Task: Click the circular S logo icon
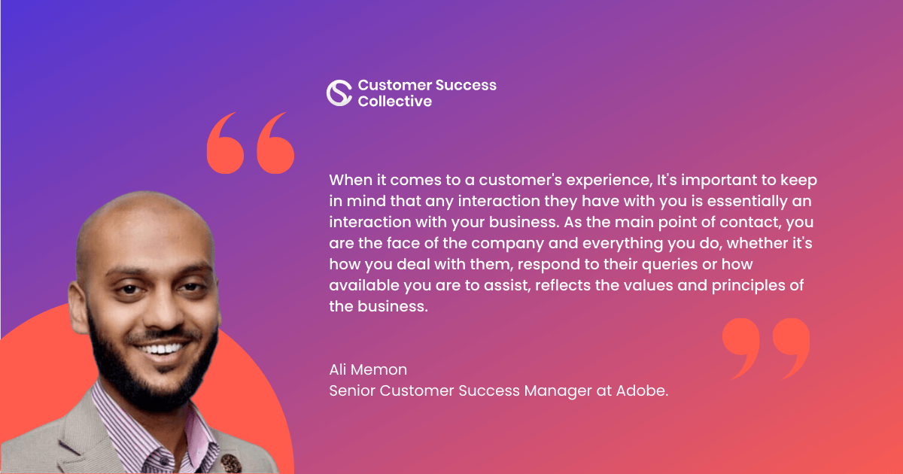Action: (x=339, y=93)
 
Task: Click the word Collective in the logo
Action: (x=394, y=101)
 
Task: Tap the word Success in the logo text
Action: (x=466, y=85)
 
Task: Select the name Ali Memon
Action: (x=368, y=369)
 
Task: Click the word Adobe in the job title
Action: (x=642, y=390)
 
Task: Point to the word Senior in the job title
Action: (x=352, y=390)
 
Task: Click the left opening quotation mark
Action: (x=225, y=143)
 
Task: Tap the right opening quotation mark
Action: (x=275, y=143)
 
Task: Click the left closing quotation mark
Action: (x=741, y=349)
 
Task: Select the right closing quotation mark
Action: (x=791, y=349)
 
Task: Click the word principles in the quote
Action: (x=748, y=286)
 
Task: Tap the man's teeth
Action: (x=162, y=348)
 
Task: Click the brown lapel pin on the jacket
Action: (x=231, y=463)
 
